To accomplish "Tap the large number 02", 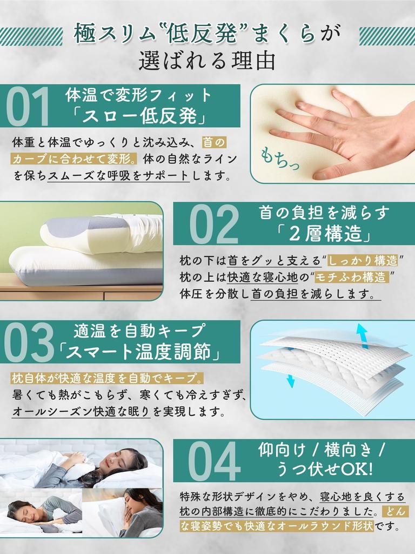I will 214,225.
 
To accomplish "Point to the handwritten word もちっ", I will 279,157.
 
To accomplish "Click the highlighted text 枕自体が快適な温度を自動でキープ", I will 106,378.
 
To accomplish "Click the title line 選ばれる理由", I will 207,61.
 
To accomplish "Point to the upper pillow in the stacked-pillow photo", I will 103,233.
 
